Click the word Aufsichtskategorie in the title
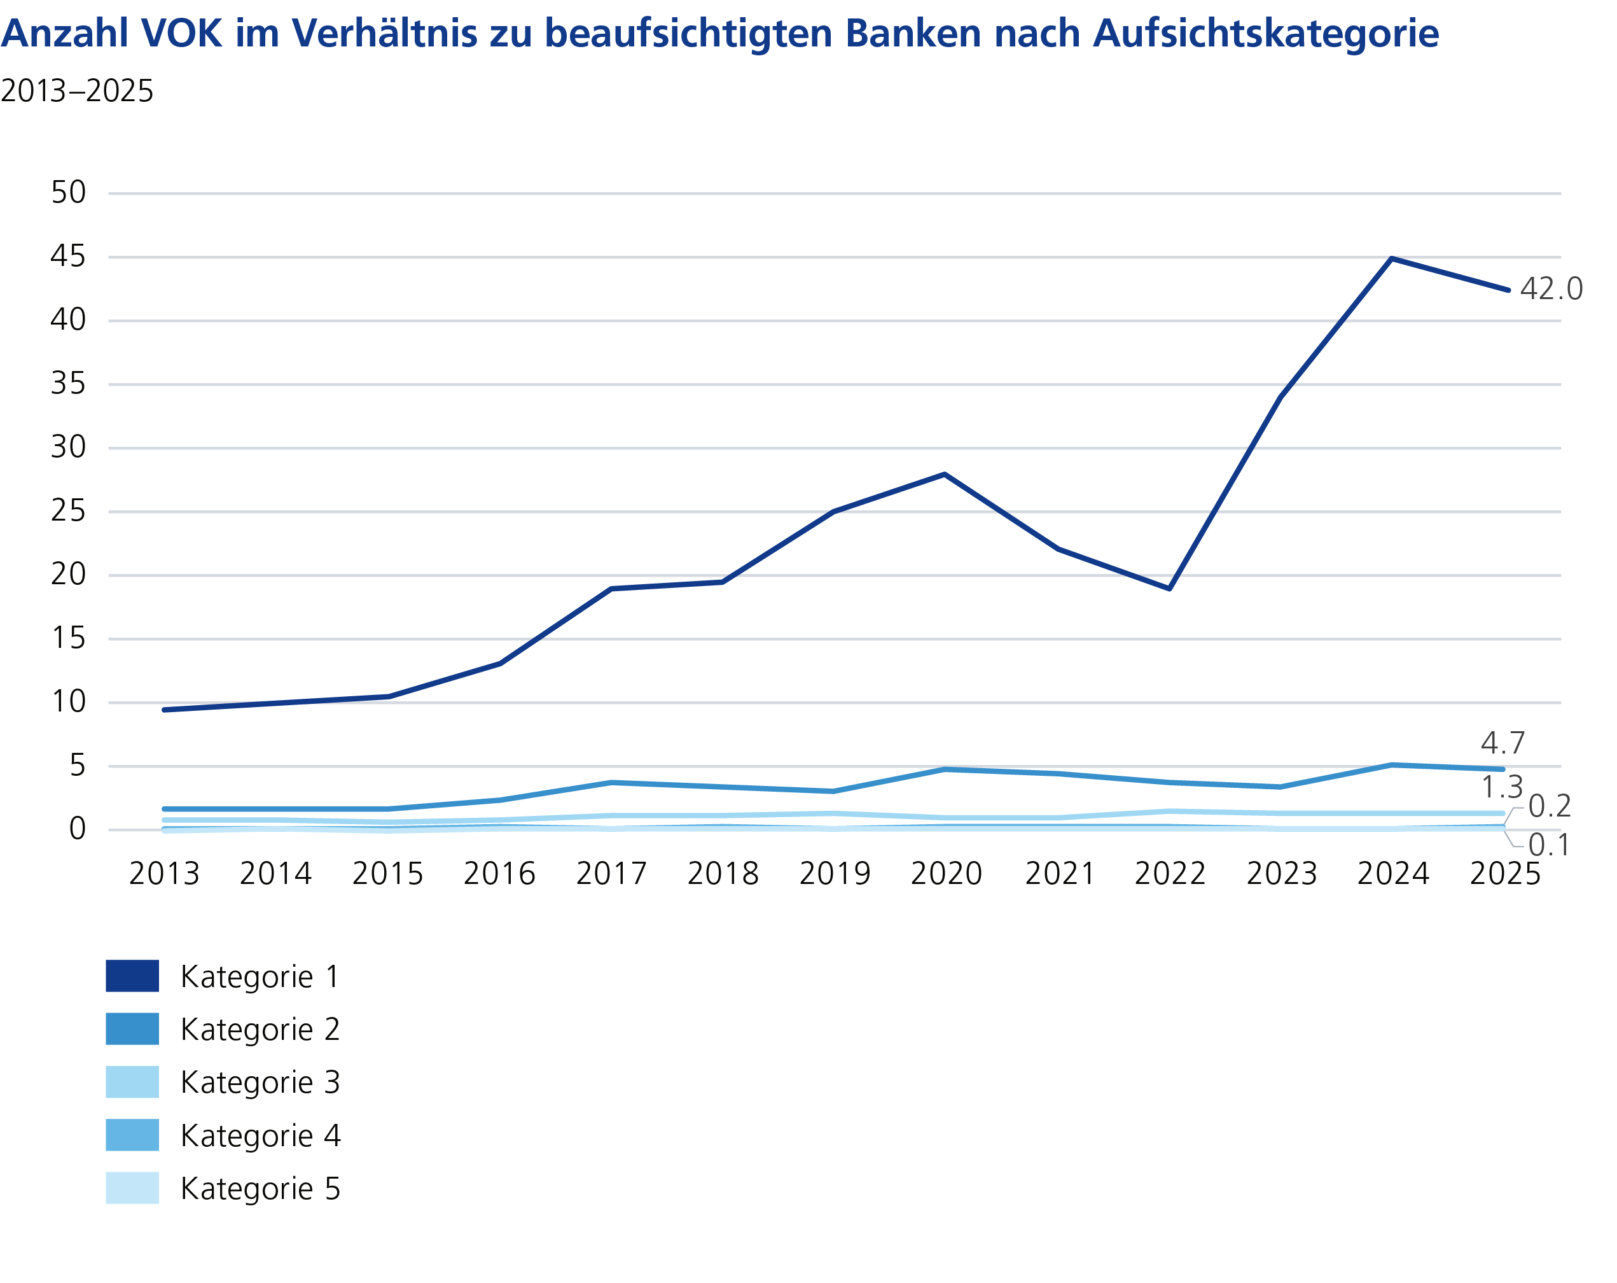pyautogui.click(x=1265, y=34)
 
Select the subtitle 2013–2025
pyautogui.click(x=76, y=92)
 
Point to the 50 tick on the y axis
pyautogui.click(x=68, y=193)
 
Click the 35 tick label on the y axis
pyautogui.click(x=68, y=384)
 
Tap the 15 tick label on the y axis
pyautogui.click(x=68, y=638)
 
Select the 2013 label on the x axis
pyautogui.click(x=164, y=874)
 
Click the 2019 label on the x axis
pyautogui.click(x=835, y=874)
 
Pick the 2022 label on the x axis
pyautogui.click(x=1170, y=874)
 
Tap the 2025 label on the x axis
pyautogui.click(x=1505, y=874)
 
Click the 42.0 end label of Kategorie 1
pyautogui.click(x=1551, y=289)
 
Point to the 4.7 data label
pyautogui.click(x=1503, y=743)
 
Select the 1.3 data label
pyautogui.click(x=1502, y=787)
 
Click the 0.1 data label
pyautogui.click(x=1550, y=846)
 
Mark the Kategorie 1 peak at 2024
pyautogui.click(x=1392, y=259)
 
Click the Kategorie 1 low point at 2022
pyautogui.click(x=1169, y=587)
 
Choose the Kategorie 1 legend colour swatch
pyautogui.click(x=132, y=976)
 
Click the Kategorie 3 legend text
pyautogui.click(x=260, y=1083)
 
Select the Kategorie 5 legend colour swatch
pyautogui.click(x=132, y=1188)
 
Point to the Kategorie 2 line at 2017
pyautogui.click(x=612, y=783)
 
